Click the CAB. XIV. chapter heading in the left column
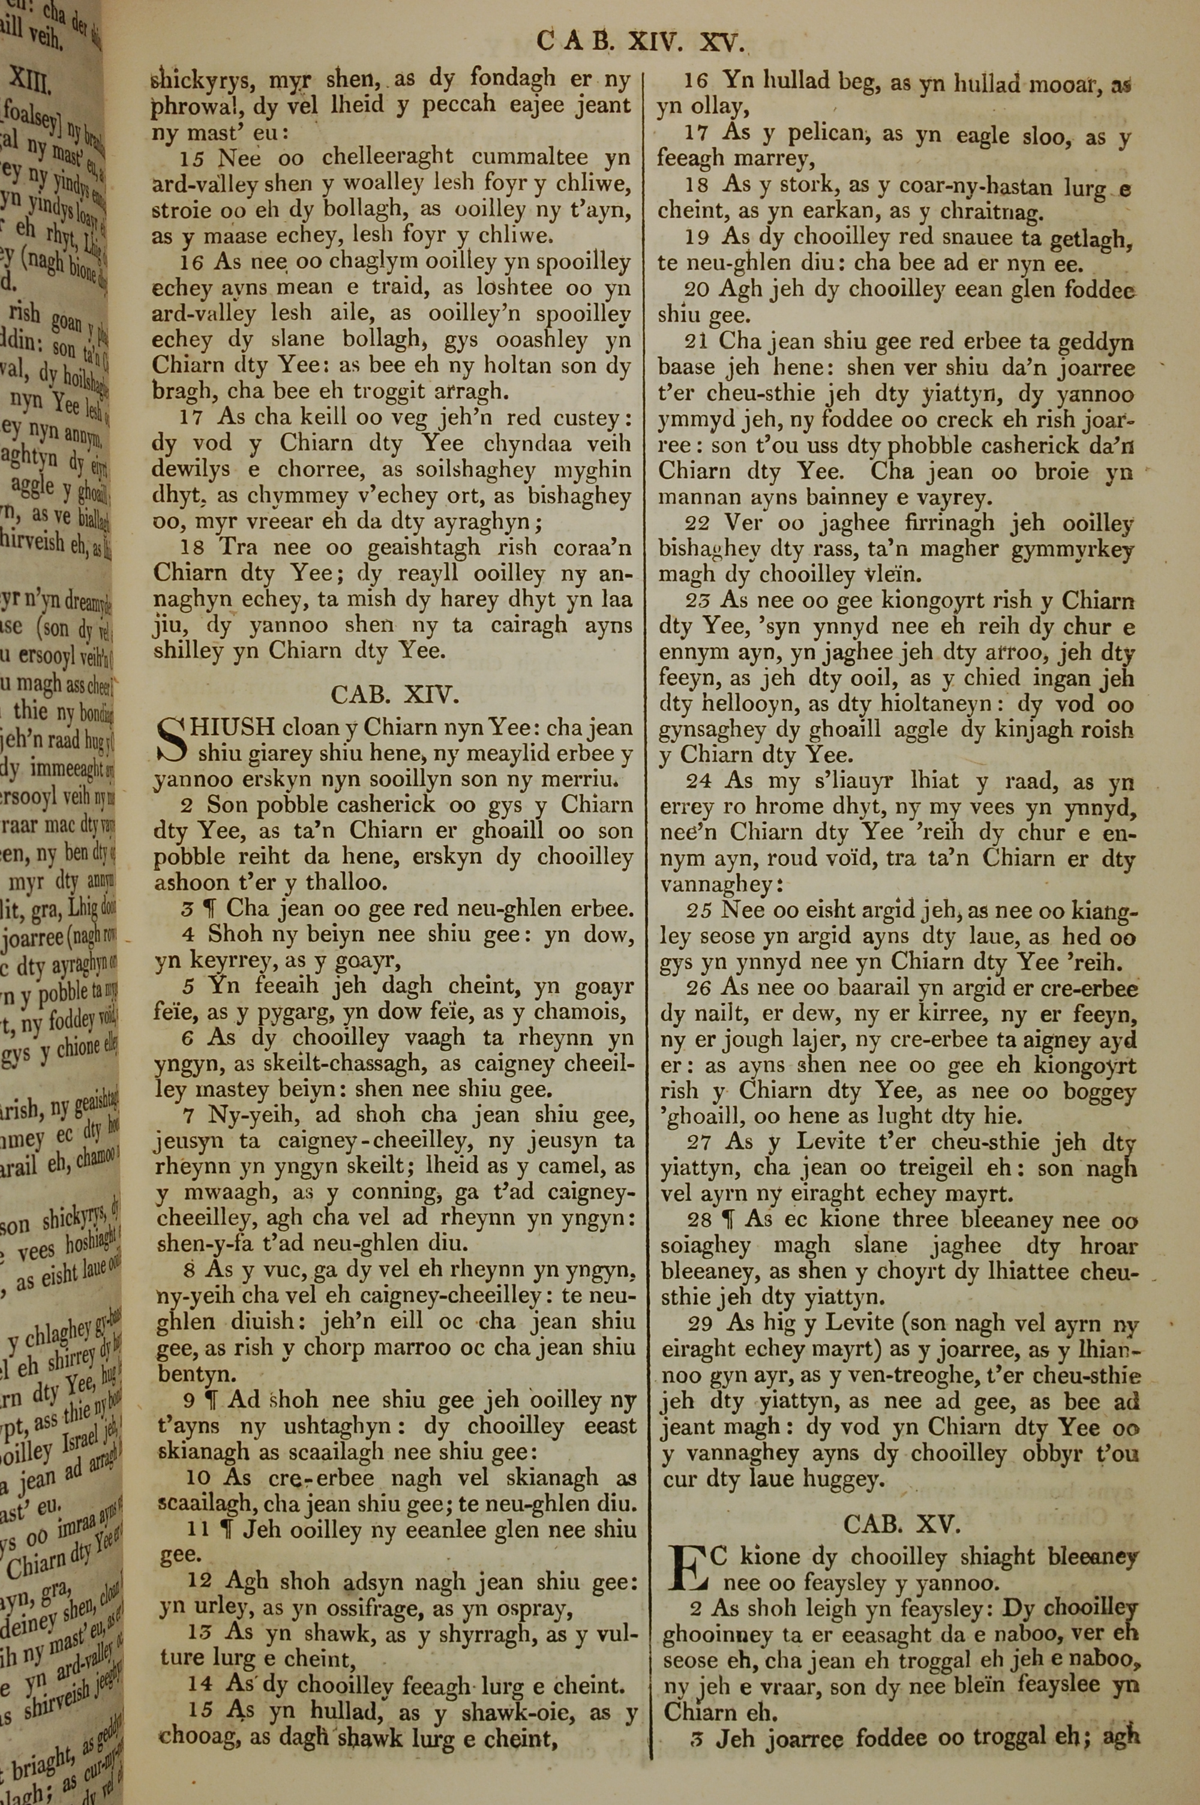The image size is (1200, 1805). pyautogui.click(x=394, y=694)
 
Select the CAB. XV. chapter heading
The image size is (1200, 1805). pyautogui.click(x=901, y=1524)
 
